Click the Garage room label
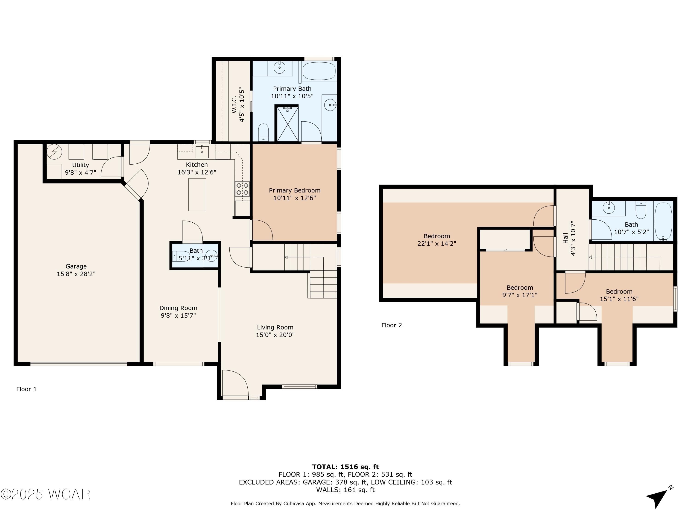coord(76,266)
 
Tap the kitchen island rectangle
coord(197,195)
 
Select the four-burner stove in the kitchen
coord(242,189)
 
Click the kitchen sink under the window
coord(202,152)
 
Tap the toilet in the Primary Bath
coord(263,132)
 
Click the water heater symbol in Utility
coord(54,152)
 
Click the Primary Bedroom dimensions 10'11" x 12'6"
coord(295,198)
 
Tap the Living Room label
coord(275,327)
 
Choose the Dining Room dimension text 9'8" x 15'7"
coord(178,315)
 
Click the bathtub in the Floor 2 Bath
coord(663,221)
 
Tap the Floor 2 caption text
coord(391,325)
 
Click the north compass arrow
coord(657,496)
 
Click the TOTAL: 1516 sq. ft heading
coord(345,467)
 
